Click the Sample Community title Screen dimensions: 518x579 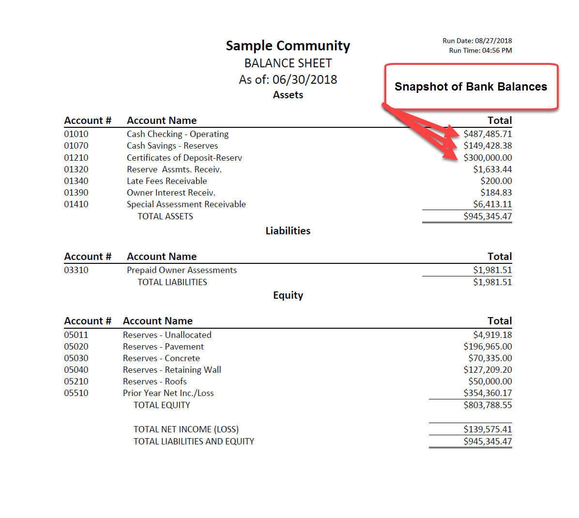288,46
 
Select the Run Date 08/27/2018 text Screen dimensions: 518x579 477,41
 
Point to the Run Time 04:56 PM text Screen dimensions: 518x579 480,50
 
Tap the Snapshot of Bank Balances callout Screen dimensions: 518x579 471,87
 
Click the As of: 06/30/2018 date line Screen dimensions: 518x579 288,79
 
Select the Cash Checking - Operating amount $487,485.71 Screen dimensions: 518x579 487,134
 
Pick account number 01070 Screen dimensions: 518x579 76,146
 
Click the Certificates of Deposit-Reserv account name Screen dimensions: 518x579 184,158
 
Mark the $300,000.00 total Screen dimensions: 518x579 487,158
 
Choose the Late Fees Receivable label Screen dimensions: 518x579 167,181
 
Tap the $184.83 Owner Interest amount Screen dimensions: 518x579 496,193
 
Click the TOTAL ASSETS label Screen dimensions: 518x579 165,216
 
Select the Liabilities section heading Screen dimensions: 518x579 288,231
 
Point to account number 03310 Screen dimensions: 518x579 76,270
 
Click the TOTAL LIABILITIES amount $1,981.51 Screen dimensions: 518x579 492,282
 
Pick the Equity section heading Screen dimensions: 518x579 288,295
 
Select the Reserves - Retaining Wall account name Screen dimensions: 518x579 172,370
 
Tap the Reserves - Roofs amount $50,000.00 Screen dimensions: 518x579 489,381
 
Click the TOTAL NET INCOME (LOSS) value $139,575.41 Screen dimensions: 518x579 487,429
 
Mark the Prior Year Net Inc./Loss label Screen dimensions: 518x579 168,393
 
